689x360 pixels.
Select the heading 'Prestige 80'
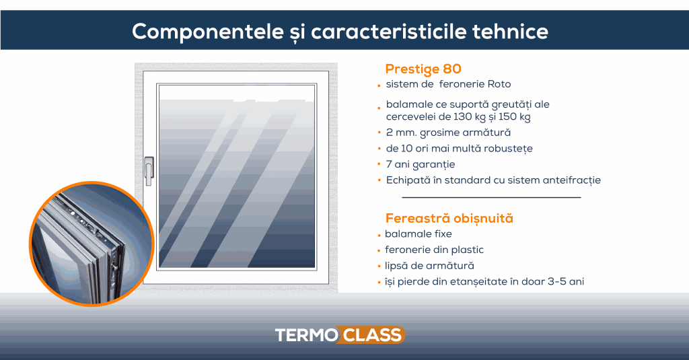tap(423, 69)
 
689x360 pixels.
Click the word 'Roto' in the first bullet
tap(499, 84)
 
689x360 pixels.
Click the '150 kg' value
tap(515, 116)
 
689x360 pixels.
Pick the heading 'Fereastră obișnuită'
tap(449, 218)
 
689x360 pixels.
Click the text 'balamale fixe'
tap(419, 234)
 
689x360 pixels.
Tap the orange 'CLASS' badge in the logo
tap(372, 334)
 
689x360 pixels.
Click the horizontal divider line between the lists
tap(491, 198)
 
